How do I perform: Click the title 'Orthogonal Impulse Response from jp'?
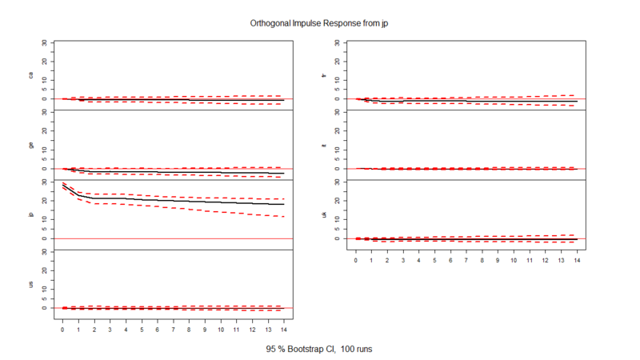pos(320,24)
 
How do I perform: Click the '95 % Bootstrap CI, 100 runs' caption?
pos(320,350)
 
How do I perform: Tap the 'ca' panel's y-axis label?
pos(31,75)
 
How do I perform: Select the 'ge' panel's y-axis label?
pos(31,145)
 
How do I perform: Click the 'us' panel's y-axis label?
pos(31,284)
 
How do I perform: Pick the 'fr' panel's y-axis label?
pos(324,75)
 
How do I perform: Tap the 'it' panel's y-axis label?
pos(324,145)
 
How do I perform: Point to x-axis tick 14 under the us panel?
pos(283,329)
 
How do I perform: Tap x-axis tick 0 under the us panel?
pos(62,329)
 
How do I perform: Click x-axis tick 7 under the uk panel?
pos(466,259)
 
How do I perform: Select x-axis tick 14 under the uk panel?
pos(576,259)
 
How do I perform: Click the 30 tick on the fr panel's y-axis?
pos(338,42)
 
